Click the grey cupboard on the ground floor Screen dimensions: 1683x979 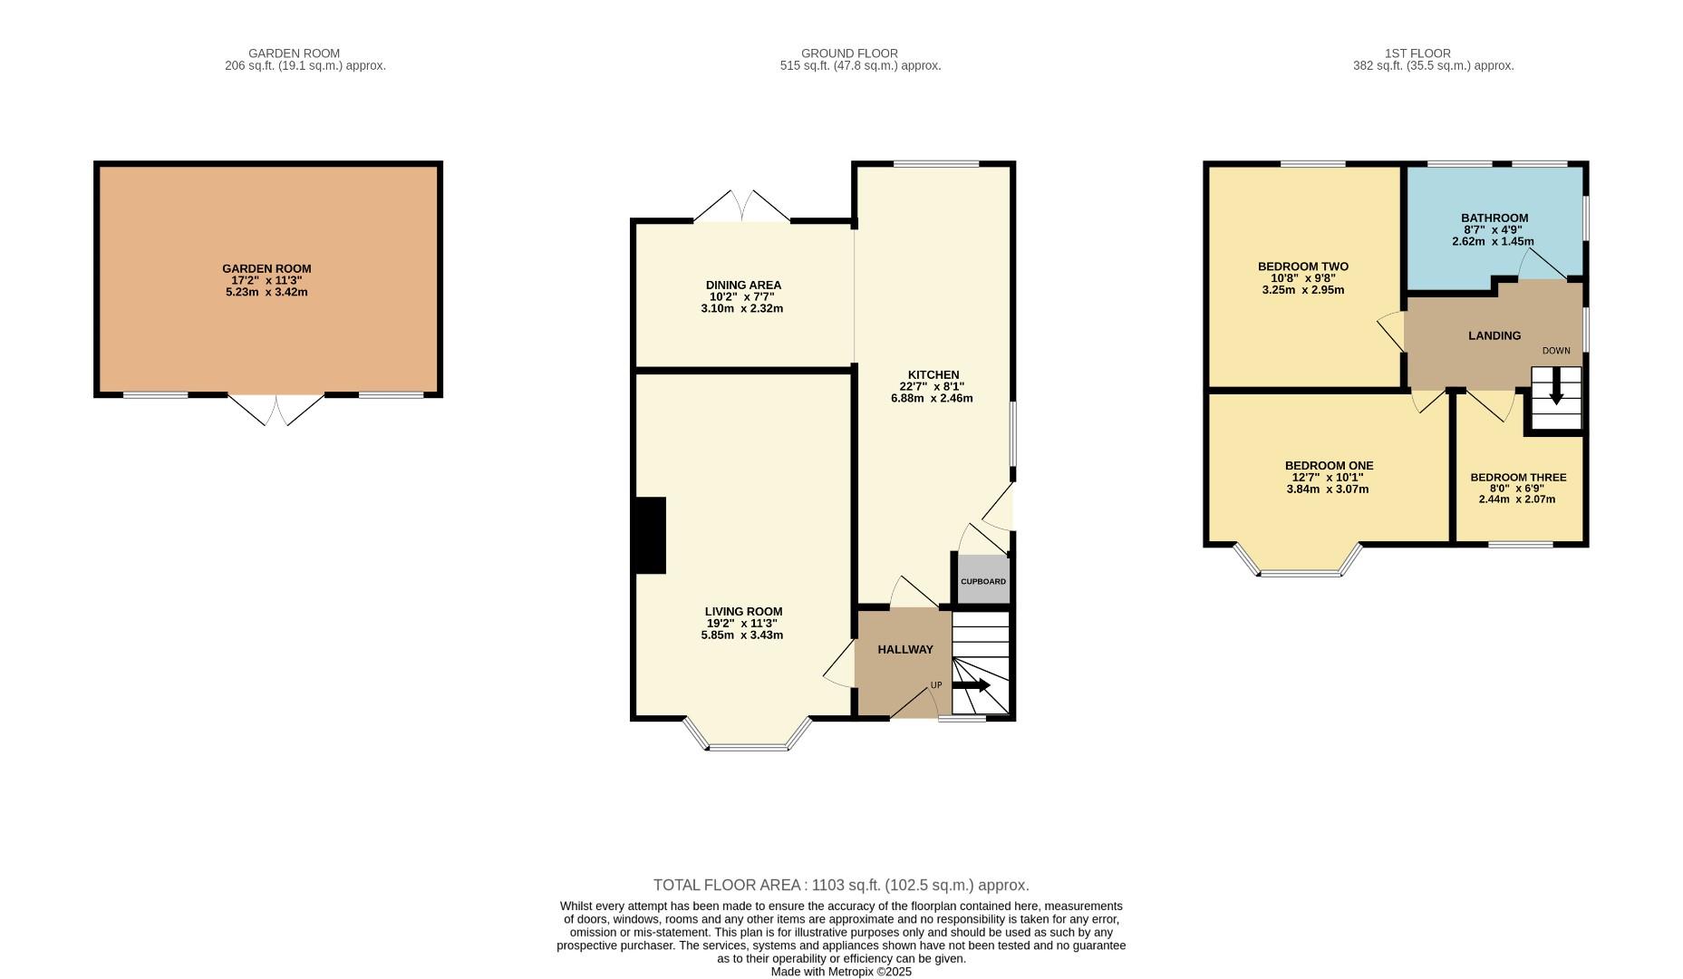pyautogui.click(x=983, y=579)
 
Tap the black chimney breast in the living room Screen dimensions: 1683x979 pyautogui.click(x=651, y=535)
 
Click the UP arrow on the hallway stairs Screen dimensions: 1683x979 pyautogui.click(x=971, y=685)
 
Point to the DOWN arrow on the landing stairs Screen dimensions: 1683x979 pyautogui.click(x=1556, y=386)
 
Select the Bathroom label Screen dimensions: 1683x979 pyautogui.click(x=1494, y=218)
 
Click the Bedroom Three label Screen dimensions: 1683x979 pyautogui.click(x=1518, y=478)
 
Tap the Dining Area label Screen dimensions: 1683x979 pyautogui.click(x=743, y=285)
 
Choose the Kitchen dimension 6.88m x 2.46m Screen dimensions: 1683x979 pyautogui.click(x=932, y=398)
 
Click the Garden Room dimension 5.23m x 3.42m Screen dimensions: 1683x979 pyautogui.click(x=266, y=292)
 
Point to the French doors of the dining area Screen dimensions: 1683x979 pyautogui.click(x=741, y=207)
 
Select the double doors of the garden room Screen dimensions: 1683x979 pyautogui.click(x=276, y=410)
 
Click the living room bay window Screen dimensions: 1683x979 pyautogui.click(x=747, y=734)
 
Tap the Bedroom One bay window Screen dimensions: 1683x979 pyautogui.click(x=1298, y=560)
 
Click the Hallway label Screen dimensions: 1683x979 pyautogui.click(x=905, y=649)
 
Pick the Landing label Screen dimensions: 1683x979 pyautogui.click(x=1494, y=335)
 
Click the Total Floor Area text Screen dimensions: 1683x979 pyautogui.click(x=841, y=885)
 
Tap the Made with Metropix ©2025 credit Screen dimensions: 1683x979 pyautogui.click(x=841, y=972)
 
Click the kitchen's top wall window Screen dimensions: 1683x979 pyautogui.click(x=936, y=164)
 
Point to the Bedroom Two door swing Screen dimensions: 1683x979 pyautogui.click(x=1391, y=332)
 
